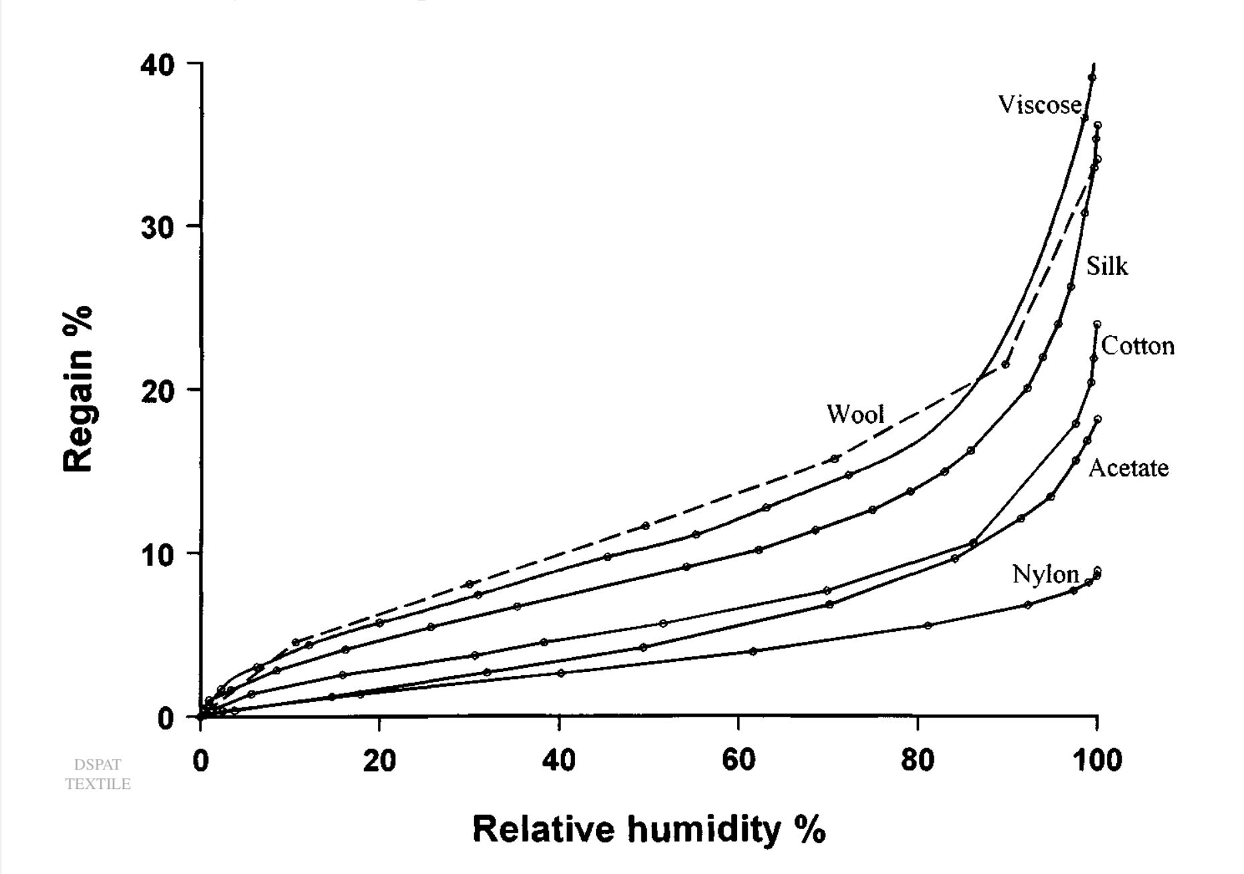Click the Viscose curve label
[1039, 104]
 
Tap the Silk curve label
[1107, 266]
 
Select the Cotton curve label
[1138, 346]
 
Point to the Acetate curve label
[1128, 468]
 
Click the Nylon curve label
[1045, 574]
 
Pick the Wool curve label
[855, 414]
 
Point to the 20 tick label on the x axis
[379, 761]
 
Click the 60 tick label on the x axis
[738, 761]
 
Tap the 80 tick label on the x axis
[917, 761]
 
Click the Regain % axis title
[78, 389]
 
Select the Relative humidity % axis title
[649, 830]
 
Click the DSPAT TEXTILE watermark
[98, 774]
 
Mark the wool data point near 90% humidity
[1005, 365]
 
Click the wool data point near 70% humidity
[834, 459]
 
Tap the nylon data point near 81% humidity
[928, 626]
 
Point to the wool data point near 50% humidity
[645, 526]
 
